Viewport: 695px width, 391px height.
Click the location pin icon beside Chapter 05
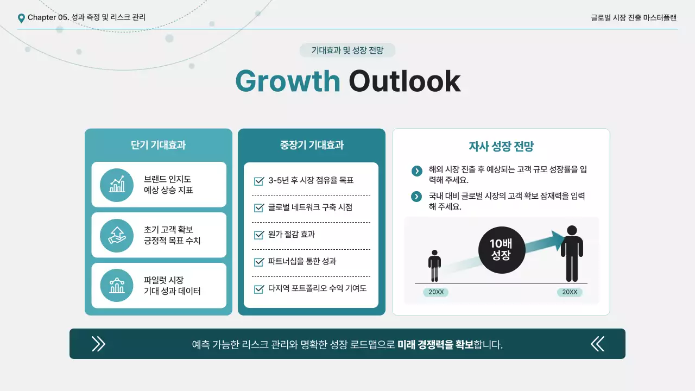[x=21, y=18]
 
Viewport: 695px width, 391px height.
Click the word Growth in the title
[x=287, y=81]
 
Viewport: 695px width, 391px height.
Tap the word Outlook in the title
[x=405, y=81]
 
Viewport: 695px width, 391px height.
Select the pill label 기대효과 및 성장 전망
[x=347, y=51]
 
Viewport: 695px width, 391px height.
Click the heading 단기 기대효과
[x=158, y=145]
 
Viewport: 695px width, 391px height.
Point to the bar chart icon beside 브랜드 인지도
[x=117, y=185]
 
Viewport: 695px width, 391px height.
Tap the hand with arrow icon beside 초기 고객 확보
[x=117, y=235]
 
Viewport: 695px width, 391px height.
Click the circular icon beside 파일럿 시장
[x=117, y=286]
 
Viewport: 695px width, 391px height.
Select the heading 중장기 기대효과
[x=312, y=145]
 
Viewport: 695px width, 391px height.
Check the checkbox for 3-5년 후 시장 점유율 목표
[x=258, y=181]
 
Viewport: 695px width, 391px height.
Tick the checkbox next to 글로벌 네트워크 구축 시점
[x=258, y=208]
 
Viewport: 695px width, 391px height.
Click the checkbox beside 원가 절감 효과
[x=258, y=235]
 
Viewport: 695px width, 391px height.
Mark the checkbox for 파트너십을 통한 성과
[x=258, y=262]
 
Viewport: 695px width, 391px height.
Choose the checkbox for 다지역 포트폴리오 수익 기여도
[x=258, y=289]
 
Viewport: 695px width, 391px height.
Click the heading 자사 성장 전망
[x=501, y=146]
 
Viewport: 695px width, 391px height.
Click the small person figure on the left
[x=434, y=266]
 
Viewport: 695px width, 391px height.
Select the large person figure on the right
[x=572, y=254]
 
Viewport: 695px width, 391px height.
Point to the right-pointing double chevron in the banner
[x=98, y=344]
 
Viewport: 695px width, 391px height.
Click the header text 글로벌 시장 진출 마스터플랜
[x=634, y=17]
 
